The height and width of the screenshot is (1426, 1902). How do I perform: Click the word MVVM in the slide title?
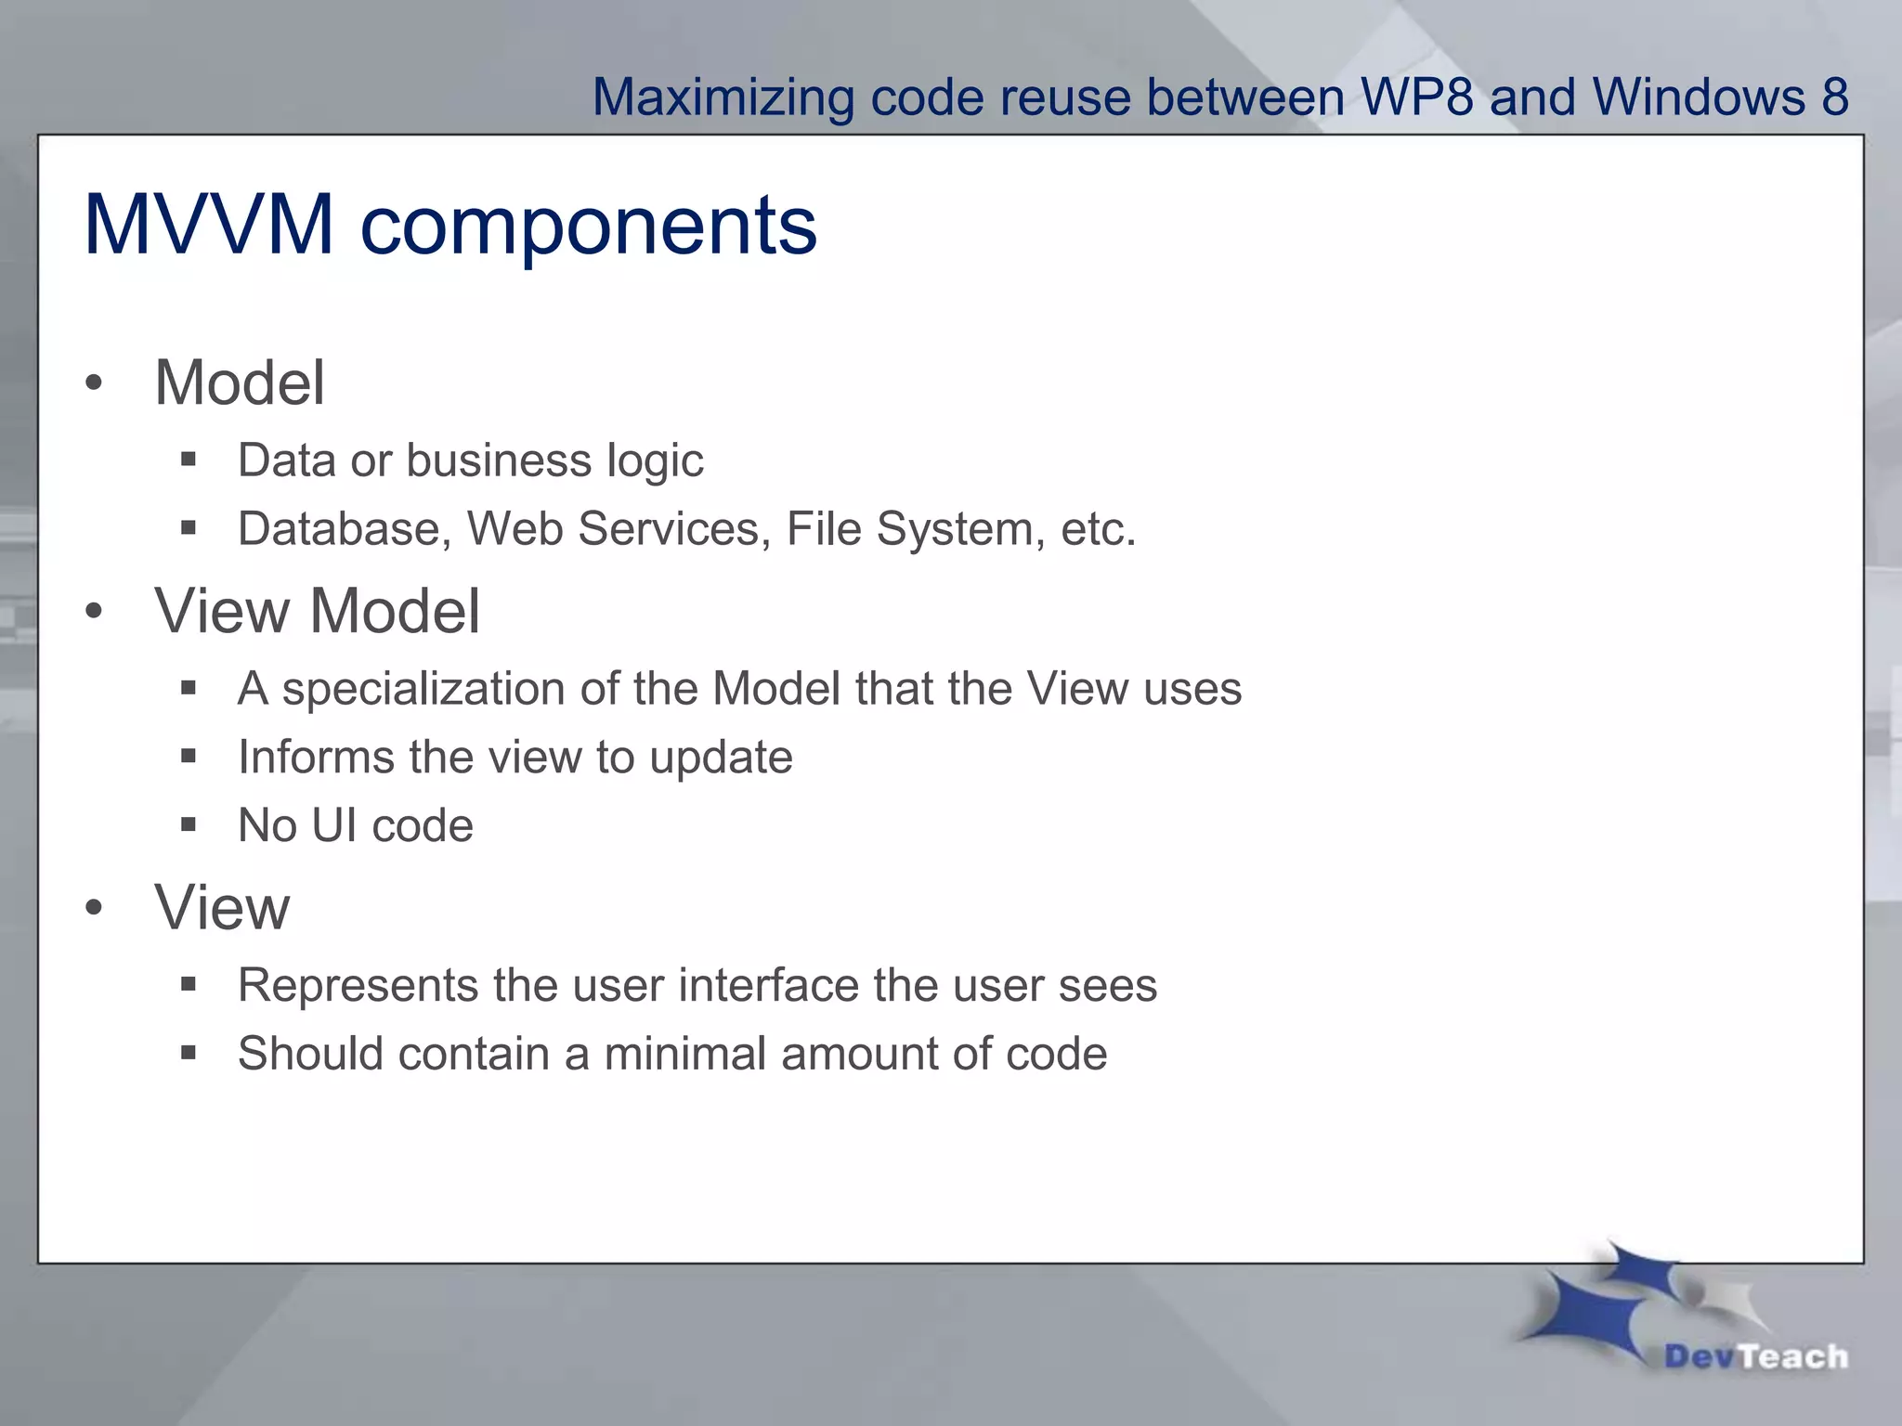coord(208,225)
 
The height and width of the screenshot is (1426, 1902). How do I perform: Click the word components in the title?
coord(588,227)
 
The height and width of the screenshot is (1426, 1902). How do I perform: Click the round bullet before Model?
coord(93,383)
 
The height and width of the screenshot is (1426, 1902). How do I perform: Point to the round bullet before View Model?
coord(93,612)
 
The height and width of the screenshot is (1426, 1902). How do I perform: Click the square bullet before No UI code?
coord(189,824)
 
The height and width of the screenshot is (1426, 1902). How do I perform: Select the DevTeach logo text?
coord(1755,1356)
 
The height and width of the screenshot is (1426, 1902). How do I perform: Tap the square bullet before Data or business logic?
coord(189,459)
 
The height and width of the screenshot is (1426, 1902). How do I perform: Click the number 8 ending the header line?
coord(1834,97)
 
